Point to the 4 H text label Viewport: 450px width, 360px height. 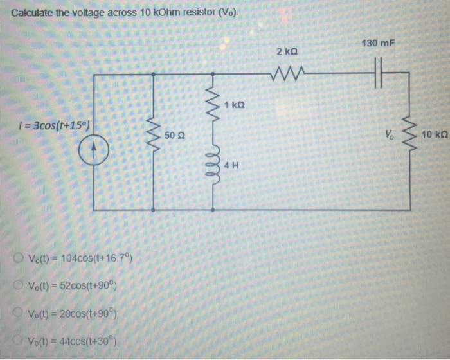[x=232, y=165]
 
